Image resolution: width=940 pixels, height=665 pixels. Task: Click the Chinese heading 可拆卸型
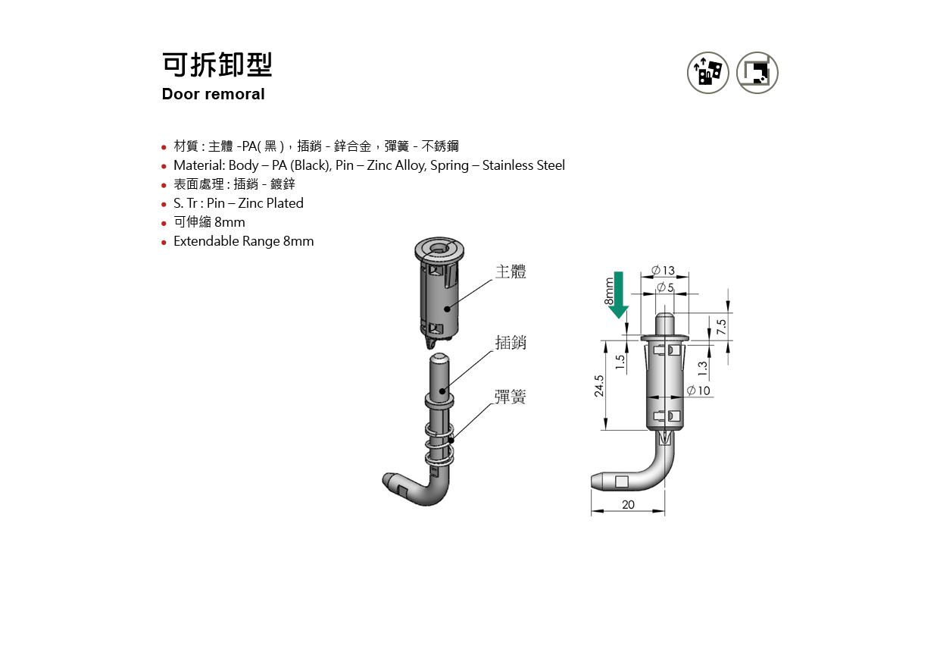coord(217,64)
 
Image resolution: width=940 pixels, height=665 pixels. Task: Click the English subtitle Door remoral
coord(213,94)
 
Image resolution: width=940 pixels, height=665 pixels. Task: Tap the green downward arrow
coord(619,295)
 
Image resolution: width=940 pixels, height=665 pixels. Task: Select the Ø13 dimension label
coord(663,270)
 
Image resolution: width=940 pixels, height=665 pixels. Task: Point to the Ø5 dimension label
coord(665,287)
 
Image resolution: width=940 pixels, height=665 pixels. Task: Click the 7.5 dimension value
coord(721,326)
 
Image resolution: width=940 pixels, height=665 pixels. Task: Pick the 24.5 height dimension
coord(599,386)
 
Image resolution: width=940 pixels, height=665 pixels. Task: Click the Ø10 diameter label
coord(698,391)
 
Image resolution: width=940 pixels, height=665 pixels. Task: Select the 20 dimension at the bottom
coord(628,504)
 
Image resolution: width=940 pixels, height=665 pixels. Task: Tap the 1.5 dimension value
coord(620,362)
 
